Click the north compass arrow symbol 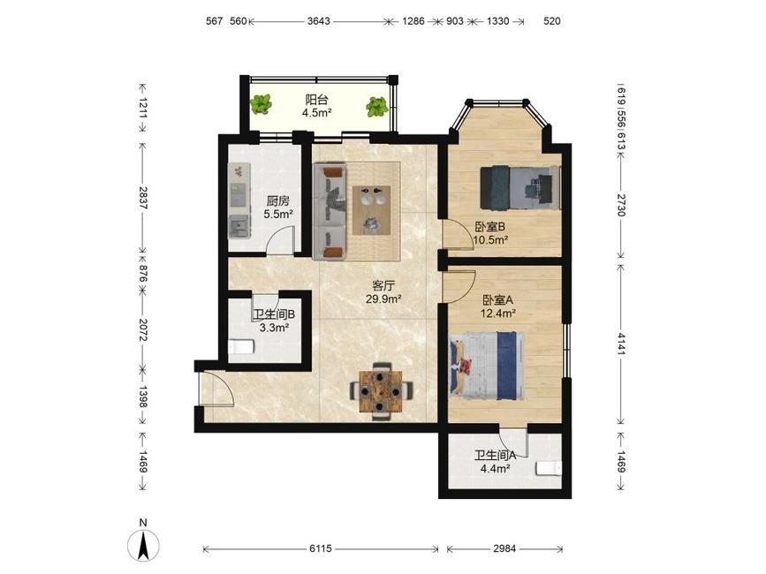pos(142,545)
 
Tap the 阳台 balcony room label pos(316,100)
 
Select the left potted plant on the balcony pos(261,104)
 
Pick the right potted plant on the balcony pos(377,107)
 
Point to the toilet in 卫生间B pos(241,346)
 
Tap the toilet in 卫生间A pos(549,468)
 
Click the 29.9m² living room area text pos(383,299)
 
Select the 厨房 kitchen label pos(278,200)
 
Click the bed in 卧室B pos(520,188)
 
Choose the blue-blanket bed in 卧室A pos(487,366)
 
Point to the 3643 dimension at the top pos(319,21)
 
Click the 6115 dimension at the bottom pos(321,548)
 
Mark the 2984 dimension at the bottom pos(504,548)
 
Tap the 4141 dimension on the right pos(620,344)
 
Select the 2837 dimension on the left pos(142,198)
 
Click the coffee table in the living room pos(372,210)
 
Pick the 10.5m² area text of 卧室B pos(490,239)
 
